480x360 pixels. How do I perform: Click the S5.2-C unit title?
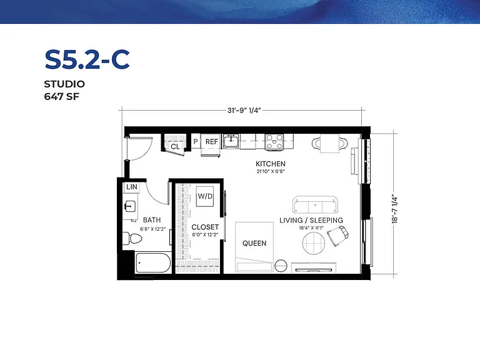87,60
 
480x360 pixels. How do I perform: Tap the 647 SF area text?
61,96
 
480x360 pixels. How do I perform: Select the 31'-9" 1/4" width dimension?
244,110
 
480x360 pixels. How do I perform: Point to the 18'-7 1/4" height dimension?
395,210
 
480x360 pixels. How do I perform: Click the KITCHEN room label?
271,164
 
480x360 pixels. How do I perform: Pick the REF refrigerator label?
211,142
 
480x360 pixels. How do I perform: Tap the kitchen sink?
231,141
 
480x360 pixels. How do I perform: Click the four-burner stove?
274,142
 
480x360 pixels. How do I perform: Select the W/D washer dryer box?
205,196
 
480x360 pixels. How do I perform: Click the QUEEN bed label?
254,243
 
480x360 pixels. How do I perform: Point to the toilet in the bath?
132,238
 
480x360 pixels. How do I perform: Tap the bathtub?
153,262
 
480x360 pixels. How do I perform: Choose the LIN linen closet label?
132,187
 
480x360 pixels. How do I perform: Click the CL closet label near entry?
175,147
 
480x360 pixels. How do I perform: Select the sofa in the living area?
316,204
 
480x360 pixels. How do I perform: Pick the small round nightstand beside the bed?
281,266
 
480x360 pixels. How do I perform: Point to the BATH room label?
152,220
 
